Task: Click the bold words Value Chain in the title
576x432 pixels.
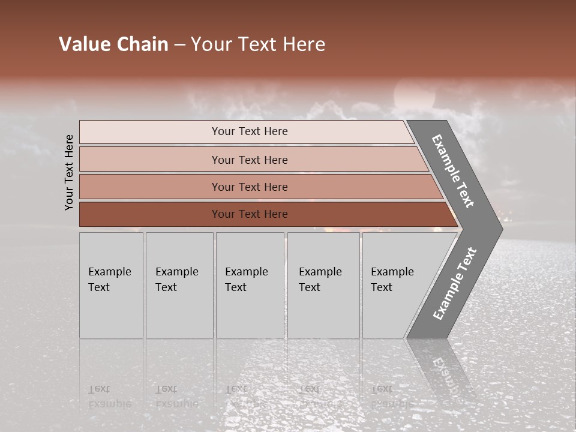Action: [113, 44]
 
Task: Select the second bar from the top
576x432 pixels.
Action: [249, 160]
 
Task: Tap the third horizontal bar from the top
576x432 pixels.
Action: [249, 187]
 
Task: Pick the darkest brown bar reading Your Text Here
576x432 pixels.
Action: [249, 214]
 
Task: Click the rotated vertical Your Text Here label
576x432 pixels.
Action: [70, 172]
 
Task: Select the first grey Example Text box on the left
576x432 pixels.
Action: [111, 285]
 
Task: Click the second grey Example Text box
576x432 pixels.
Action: [179, 285]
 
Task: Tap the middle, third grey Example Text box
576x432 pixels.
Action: [250, 285]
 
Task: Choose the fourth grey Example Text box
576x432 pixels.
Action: [323, 285]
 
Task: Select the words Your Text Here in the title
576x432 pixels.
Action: [258, 44]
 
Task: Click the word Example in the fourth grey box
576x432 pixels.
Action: [320, 272]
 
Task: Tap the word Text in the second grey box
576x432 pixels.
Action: [166, 287]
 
